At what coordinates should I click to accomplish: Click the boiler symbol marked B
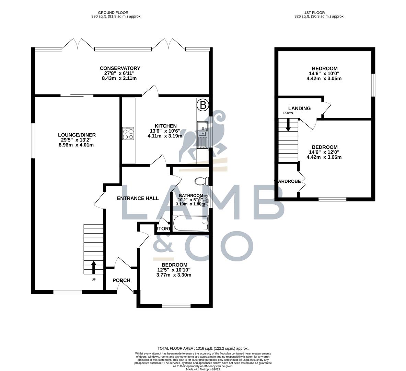pyautogui.click(x=203, y=105)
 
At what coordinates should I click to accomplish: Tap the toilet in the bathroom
pyautogui.click(x=201, y=181)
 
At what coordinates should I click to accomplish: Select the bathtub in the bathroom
pyautogui.click(x=190, y=224)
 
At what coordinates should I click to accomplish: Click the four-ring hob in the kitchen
pyautogui.click(x=128, y=134)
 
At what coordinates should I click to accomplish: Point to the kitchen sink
pyautogui.click(x=202, y=134)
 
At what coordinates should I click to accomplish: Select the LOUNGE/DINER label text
pyautogui.click(x=77, y=135)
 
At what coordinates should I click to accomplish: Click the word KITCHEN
pyautogui.click(x=165, y=126)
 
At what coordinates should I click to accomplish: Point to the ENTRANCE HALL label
pyautogui.click(x=138, y=198)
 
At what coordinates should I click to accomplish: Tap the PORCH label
pyautogui.click(x=121, y=280)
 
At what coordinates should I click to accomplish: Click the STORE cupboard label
pyautogui.click(x=163, y=229)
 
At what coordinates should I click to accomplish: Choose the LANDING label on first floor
pyautogui.click(x=299, y=108)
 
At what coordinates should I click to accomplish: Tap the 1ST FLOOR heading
pyautogui.click(x=319, y=13)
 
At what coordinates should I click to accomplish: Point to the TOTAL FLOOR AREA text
pyautogui.click(x=203, y=348)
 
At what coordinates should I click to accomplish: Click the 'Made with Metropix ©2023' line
pyautogui.click(x=203, y=369)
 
